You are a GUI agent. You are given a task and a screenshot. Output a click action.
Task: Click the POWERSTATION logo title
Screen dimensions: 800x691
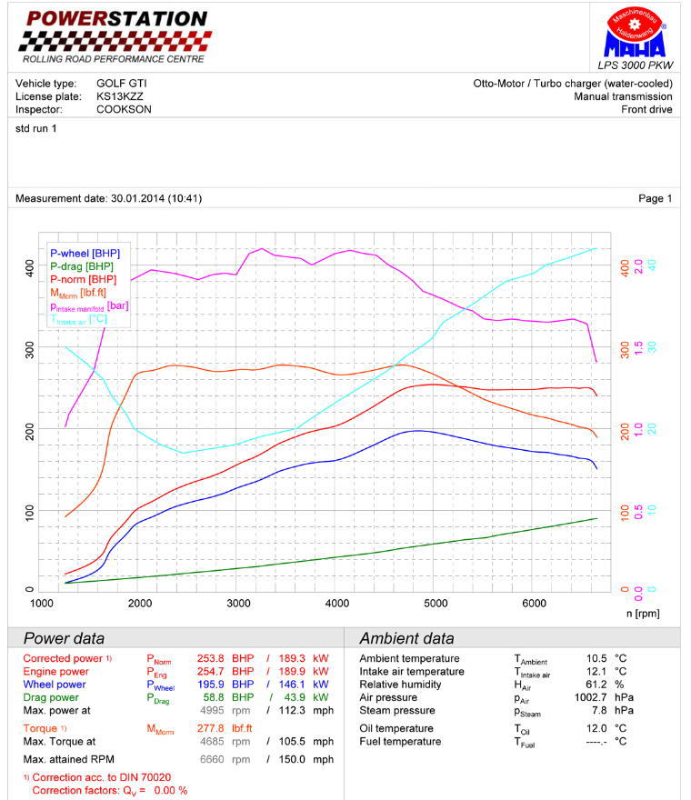pyautogui.click(x=115, y=18)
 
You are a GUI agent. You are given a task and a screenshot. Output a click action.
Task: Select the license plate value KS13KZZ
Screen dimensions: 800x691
pyautogui.click(x=120, y=96)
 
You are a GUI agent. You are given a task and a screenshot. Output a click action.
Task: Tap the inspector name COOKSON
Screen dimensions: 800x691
pyautogui.click(x=124, y=109)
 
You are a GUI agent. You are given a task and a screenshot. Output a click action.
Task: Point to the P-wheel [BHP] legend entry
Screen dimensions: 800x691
pyautogui.click(x=85, y=253)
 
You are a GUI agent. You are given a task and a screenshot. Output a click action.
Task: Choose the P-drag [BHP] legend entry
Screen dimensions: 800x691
pyautogui.click(x=82, y=266)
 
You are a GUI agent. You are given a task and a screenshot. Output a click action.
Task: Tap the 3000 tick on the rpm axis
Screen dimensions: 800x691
pyautogui.click(x=238, y=604)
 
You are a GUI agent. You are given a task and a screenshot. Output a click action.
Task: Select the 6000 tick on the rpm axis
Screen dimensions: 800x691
pyautogui.click(x=535, y=604)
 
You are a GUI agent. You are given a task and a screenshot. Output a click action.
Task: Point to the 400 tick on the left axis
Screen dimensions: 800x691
pyautogui.click(x=29, y=268)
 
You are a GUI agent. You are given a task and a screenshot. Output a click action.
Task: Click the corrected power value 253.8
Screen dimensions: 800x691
pyautogui.click(x=212, y=658)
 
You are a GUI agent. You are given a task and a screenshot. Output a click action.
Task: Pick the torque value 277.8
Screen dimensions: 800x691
pyautogui.click(x=212, y=728)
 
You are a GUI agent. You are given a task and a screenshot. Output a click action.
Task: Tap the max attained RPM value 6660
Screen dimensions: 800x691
pyautogui.click(x=212, y=759)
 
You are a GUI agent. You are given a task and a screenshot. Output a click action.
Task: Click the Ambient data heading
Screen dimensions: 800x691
pyautogui.click(x=406, y=638)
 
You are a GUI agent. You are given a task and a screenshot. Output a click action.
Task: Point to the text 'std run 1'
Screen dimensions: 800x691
pyautogui.click(x=36, y=129)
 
